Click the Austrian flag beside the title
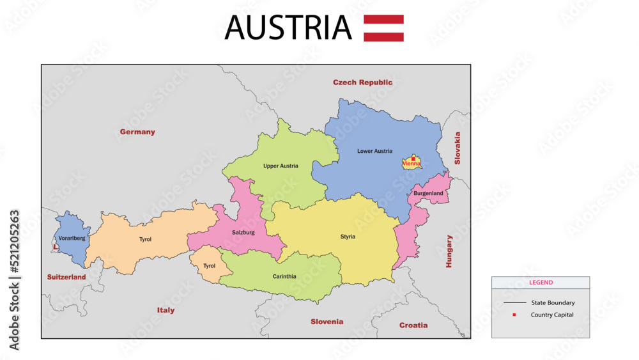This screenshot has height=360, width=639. [x=383, y=28]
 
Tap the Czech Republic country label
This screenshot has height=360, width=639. [x=362, y=82]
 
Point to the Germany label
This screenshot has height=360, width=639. [x=137, y=132]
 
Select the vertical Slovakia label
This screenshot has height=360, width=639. [x=457, y=148]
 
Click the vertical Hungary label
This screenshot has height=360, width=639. [x=449, y=251]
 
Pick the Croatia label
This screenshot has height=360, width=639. [x=413, y=325]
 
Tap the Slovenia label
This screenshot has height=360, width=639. [x=327, y=322]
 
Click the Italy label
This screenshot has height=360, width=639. [x=166, y=310]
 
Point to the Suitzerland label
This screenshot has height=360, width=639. [x=66, y=277]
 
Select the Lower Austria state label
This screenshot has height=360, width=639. [x=374, y=151]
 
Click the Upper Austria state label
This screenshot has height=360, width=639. [x=281, y=166]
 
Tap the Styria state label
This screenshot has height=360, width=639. [x=348, y=237]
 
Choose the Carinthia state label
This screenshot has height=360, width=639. [x=284, y=276]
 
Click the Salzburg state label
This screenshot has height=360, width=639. [x=243, y=232]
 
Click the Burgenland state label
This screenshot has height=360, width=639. [x=428, y=193]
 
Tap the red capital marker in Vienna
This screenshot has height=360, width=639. [x=413, y=158]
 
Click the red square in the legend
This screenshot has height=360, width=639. [x=514, y=315]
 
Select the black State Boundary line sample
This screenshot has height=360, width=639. [x=514, y=302]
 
